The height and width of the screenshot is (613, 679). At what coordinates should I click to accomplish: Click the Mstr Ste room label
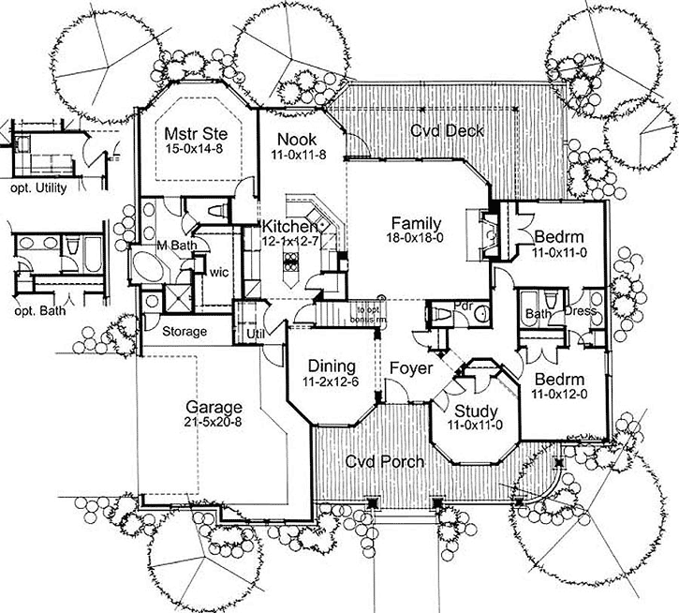coord(186,132)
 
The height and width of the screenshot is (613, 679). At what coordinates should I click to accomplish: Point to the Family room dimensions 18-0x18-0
coord(417,238)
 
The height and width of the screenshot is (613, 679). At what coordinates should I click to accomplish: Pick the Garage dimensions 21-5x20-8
coord(214,422)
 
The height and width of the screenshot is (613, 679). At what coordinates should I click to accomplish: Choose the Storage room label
coord(184,332)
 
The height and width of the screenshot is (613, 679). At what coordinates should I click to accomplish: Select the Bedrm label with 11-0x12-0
coord(559,380)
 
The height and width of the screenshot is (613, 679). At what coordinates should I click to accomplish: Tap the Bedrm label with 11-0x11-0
coord(559,234)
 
